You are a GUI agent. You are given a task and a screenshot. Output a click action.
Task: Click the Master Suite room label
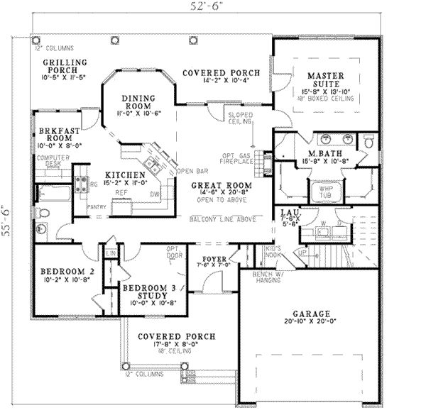(x=324, y=79)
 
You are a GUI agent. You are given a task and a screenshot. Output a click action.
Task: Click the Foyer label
(x=214, y=260)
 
